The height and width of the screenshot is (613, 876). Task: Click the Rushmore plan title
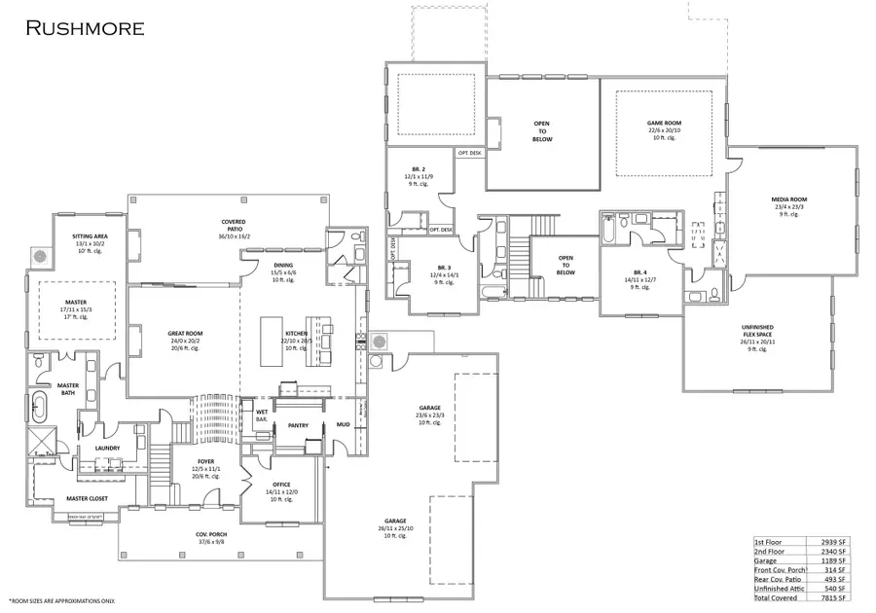click(x=85, y=27)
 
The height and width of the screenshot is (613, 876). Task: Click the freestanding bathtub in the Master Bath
click(x=42, y=406)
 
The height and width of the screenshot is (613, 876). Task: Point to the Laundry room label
click(x=107, y=448)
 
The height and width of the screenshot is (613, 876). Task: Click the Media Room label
click(x=789, y=199)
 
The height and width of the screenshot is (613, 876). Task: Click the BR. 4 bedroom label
click(x=639, y=273)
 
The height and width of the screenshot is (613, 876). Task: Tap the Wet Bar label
click(x=262, y=415)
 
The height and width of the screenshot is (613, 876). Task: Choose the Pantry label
click(x=298, y=424)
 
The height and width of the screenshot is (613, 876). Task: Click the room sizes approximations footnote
click(x=62, y=601)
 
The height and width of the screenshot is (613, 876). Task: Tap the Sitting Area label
click(x=96, y=236)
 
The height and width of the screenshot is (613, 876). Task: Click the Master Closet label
click(x=87, y=498)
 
